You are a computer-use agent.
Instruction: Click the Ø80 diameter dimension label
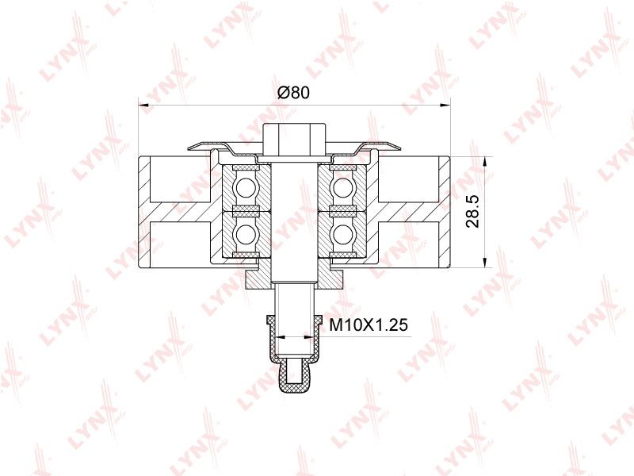tap(294, 93)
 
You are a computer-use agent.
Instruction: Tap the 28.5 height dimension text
tap(472, 211)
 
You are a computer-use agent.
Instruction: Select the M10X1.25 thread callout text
tap(369, 324)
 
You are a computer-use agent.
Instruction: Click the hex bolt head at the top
tap(294, 140)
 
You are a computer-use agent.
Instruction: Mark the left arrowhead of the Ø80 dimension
tap(143, 106)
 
